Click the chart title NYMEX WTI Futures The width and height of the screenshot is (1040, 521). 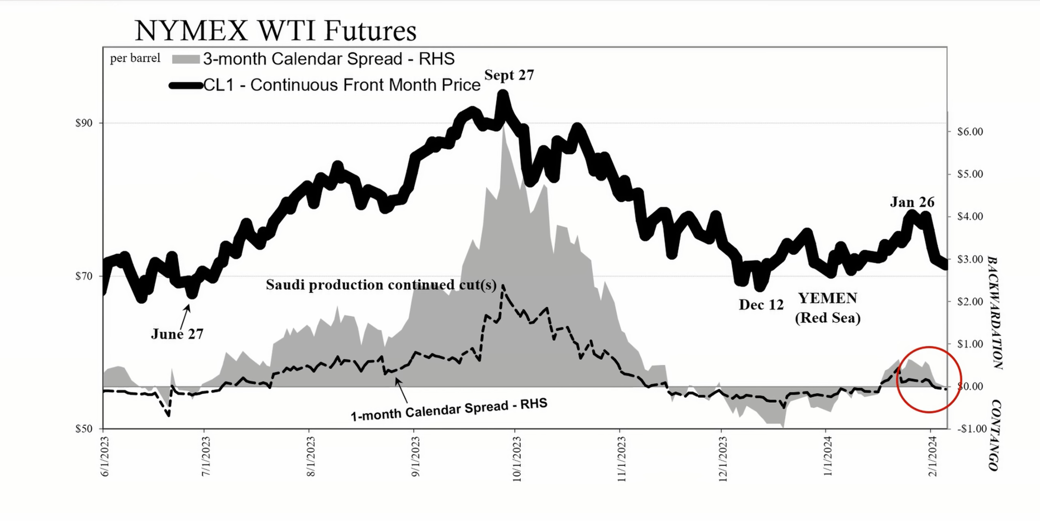(276, 31)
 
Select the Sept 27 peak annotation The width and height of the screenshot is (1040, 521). (509, 75)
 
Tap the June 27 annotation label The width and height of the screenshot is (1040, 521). (177, 334)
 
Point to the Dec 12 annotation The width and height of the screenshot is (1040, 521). (761, 305)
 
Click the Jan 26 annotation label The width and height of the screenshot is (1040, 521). (912, 202)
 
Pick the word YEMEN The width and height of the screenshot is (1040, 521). (827, 298)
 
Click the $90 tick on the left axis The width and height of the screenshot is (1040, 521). (84, 123)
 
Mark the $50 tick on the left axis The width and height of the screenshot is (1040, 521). (84, 429)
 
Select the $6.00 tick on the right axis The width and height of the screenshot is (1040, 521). (970, 132)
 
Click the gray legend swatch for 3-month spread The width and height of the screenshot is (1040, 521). (186, 59)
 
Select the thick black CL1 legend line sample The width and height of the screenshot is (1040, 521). (186, 86)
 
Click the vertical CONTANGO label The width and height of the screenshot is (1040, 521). (994, 435)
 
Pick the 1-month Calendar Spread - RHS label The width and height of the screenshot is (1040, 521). (449, 410)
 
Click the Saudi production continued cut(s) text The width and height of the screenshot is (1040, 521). (381, 285)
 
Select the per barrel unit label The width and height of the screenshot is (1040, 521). (135, 58)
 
